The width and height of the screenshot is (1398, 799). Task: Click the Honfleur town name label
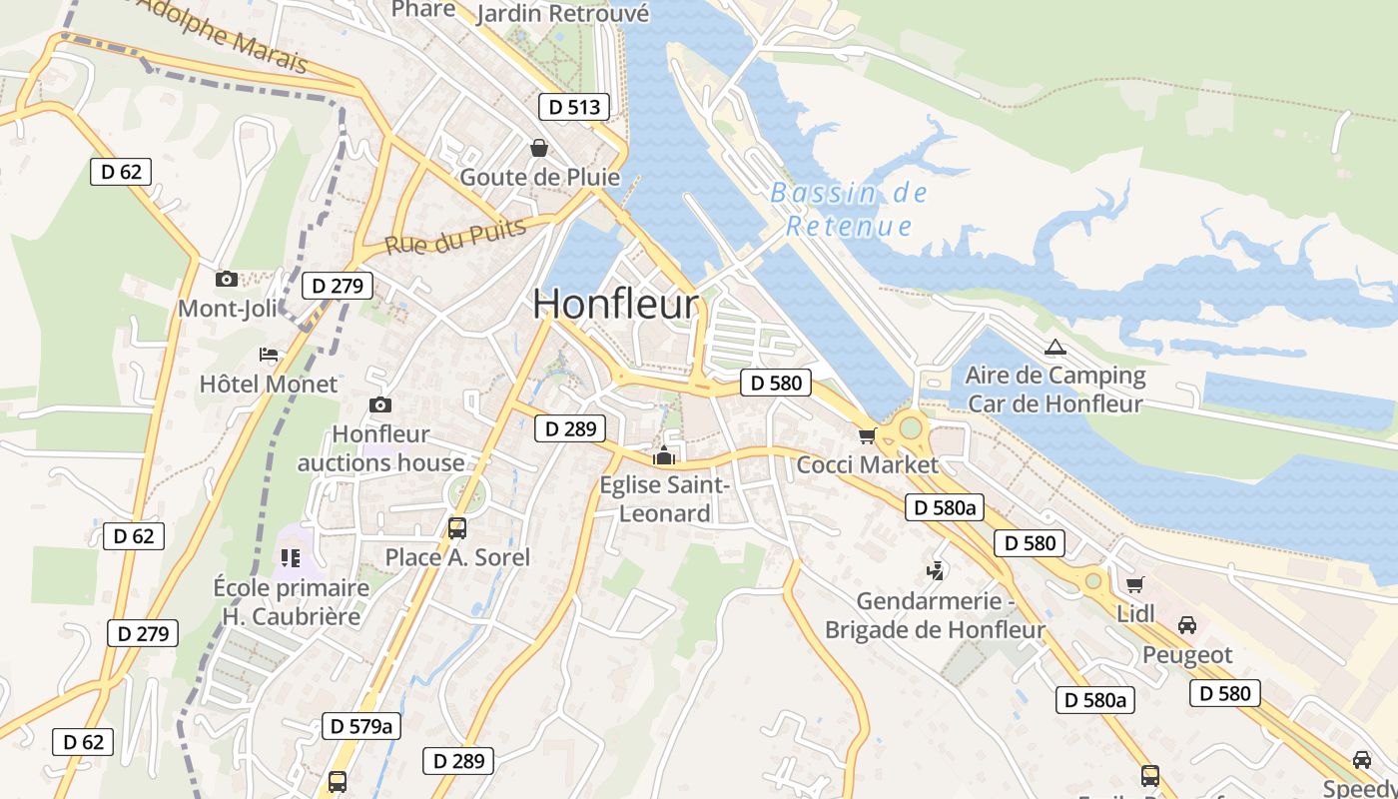(x=615, y=304)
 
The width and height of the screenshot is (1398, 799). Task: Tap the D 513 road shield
(x=574, y=107)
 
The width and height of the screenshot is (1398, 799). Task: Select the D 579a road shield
(x=361, y=726)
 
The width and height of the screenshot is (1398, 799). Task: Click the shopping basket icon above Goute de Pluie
(x=539, y=148)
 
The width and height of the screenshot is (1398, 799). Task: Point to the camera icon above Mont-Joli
(x=227, y=279)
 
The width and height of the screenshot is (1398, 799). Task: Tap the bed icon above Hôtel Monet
(x=269, y=355)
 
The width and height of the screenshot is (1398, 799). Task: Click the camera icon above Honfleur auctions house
(x=380, y=404)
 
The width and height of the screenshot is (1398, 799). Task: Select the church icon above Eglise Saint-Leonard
(x=663, y=456)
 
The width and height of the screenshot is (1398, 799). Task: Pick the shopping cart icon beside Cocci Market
(x=867, y=435)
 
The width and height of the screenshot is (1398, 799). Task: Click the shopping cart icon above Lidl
(x=1134, y=584)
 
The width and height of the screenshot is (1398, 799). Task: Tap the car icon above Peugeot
(x=1187, y=625)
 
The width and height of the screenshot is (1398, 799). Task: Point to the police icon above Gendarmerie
(x=936, y=571)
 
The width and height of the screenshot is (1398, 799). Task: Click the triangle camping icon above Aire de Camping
(x=1055, y=348)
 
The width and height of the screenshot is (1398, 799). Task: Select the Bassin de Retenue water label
(x=850, y=209)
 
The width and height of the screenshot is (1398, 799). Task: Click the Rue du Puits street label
(x=455, y=237)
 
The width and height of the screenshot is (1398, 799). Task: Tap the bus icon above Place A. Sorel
(x=457, y=527)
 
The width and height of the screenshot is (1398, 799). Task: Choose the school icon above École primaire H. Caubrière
(x=291, y=557)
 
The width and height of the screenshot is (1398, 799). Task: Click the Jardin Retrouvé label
(x=563, y=14)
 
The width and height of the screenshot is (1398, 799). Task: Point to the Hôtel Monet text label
(x=269, y=384)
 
